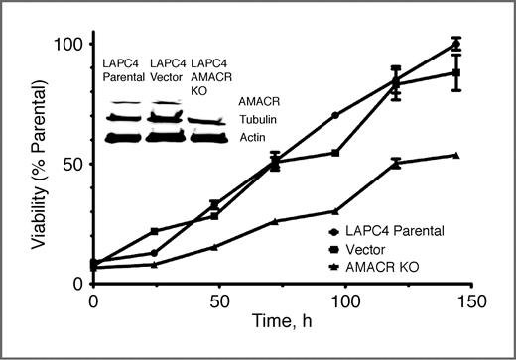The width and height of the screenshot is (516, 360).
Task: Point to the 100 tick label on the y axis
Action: pos(66,46)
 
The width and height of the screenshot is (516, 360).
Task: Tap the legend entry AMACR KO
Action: pos(377,268)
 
